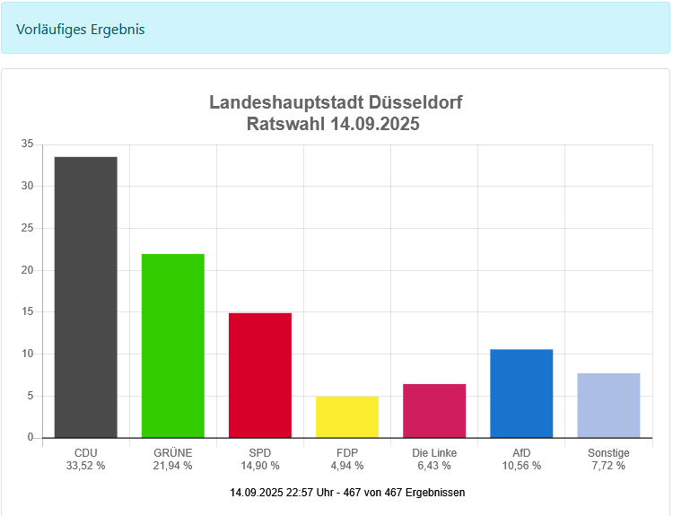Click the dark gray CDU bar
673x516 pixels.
tap(85, 297)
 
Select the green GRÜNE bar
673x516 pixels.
tap(172, 345)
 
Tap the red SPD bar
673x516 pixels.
tap(259, 375)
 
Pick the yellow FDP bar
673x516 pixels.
tap(346, 417)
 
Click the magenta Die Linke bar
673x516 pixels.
tap(434, 411)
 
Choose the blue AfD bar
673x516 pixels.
tap(521, 393)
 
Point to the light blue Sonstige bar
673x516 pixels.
tap(608, 406)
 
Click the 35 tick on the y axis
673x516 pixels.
tap(27, 144)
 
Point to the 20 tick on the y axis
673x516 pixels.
tap(27, 270)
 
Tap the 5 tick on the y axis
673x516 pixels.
tap(30, 396)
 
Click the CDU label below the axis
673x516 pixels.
tap(85, 453)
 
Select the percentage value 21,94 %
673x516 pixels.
tap(172, 466)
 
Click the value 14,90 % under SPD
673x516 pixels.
tap(259, 466)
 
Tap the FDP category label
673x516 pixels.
tap(346, 453)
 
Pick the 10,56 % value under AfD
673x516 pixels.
tap(521, 466)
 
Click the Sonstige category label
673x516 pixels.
tap(608, 453)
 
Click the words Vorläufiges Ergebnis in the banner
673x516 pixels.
tap(81, 29)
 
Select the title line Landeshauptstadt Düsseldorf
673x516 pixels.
tap(336, 102)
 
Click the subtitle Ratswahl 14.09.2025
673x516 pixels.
tap(333, 124)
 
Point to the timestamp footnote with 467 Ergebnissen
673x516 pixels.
tap(347, 493)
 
